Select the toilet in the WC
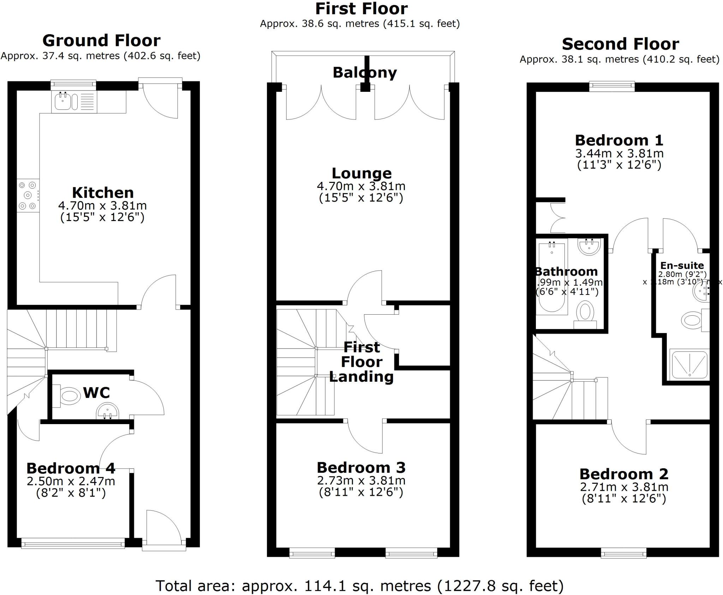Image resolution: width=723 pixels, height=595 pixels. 70,396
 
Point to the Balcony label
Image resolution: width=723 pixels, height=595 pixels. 365,73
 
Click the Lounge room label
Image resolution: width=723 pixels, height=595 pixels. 361,173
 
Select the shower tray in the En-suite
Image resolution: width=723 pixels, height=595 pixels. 689,364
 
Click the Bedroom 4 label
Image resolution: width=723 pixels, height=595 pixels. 71,468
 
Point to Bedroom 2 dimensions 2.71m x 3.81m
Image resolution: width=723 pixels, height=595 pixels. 624,487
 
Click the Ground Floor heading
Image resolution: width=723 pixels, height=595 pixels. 101,41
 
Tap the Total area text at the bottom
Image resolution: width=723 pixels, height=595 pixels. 359,586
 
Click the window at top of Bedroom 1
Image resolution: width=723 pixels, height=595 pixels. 612,86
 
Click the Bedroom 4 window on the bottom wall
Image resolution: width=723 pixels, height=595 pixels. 73,543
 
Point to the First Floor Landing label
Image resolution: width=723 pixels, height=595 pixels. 361,362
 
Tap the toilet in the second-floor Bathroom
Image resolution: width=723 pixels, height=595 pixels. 585,314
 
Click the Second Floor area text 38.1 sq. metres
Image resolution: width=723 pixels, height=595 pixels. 619,59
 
